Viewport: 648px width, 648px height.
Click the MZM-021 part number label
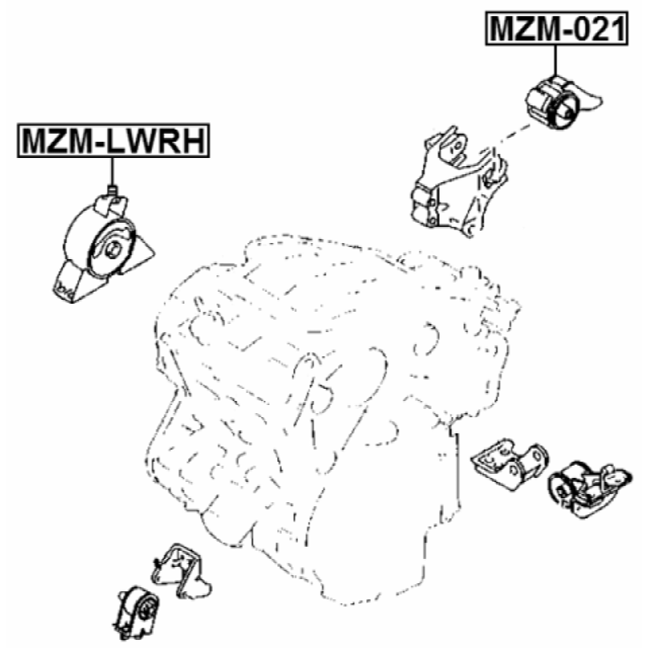pyautogui.click(x=556, y=28)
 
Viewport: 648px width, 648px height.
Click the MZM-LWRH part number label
pyautogui.click(x=113, y=140)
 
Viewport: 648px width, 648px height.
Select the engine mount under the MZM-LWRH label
pyautogui.click(x=104, y=247)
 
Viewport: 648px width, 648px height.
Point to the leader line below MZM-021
pyautogui.click(x=556, y=61)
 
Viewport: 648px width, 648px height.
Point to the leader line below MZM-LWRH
pyautogui.click(x=112, y=173)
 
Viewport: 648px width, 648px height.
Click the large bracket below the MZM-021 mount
pyautogui.click(x=458, y=181)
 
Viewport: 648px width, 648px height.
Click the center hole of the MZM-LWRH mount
pyautogui.click(x=113, y=249)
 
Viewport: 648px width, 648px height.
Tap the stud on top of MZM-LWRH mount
pyautogui.click(x=113, y=191)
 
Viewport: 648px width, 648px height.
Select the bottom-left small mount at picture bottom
pyautogui.click(x=136, y=612)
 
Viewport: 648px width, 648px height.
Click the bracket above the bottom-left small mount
pyautogui.click(x=180, y=570)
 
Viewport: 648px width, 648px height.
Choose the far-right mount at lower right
pyautogui.click(x=590, y=490)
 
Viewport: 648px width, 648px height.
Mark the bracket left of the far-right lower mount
pyautogui.click(x=511, y=463)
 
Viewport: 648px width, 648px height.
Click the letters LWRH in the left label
pyautogui.click(x=156, y=141)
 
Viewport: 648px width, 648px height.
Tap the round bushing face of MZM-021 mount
pyautogui.click(x=564, y=111)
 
